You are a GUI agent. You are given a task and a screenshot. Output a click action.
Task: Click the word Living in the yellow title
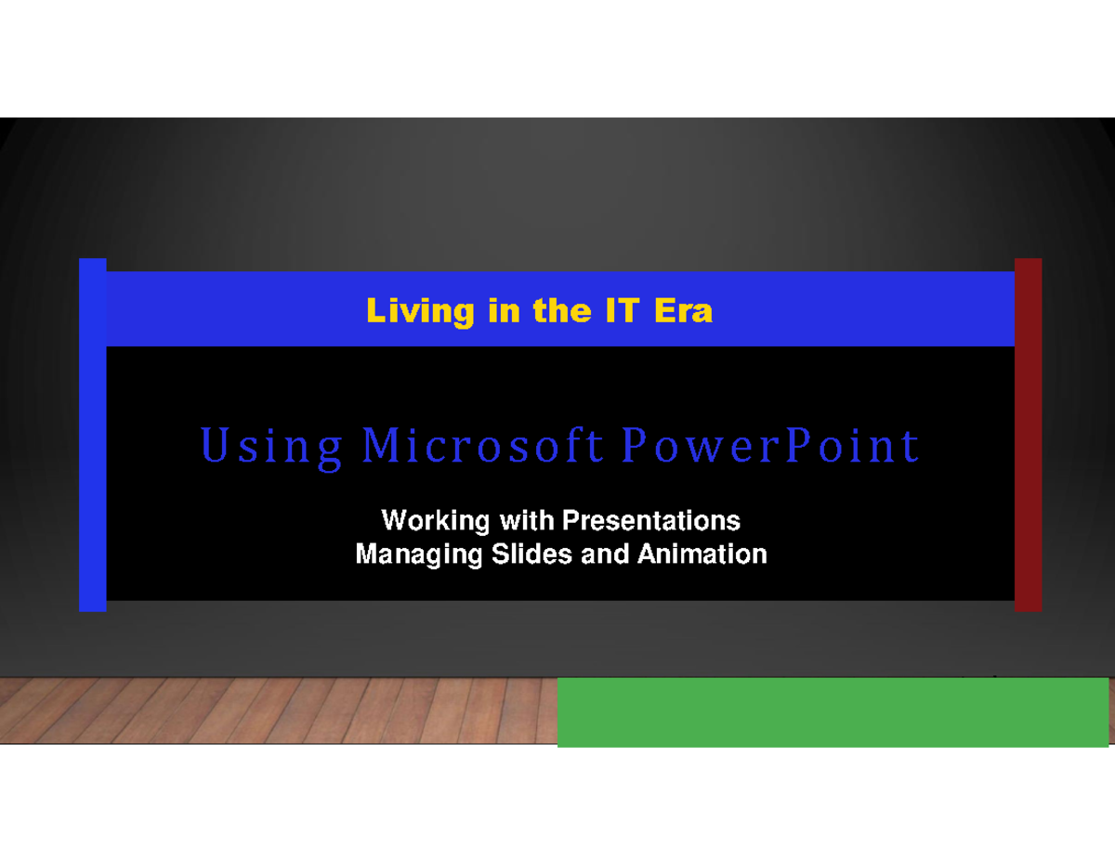407,311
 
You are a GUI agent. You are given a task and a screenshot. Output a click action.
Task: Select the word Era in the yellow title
683,310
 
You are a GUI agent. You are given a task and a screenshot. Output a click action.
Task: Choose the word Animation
702,554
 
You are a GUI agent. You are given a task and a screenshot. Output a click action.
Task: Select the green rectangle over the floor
833,711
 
